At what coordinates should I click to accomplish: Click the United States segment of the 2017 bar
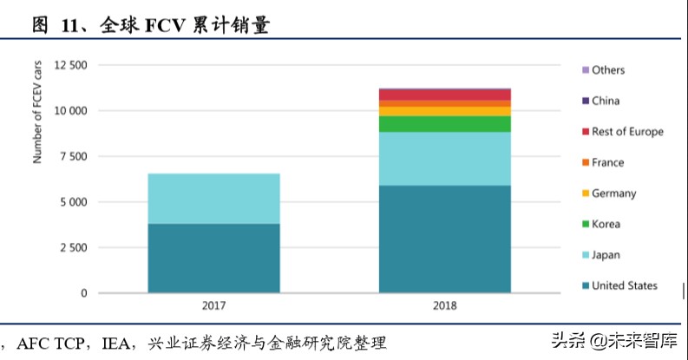point(213,259)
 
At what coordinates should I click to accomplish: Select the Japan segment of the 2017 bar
point(213,199)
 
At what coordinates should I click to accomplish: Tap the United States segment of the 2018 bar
point(444,239)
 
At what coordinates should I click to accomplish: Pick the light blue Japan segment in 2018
point(444,158)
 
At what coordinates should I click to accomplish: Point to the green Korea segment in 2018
point(444,124)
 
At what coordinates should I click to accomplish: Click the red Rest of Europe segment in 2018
point(444,94)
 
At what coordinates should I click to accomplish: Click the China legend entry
point(605,101)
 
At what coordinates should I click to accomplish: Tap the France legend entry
point(607,162)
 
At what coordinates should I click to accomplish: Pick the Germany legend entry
point(613,193)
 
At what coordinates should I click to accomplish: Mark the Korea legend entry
point(606,224)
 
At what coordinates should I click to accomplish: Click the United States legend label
point(624,285)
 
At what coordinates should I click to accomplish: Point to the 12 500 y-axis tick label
point(70,65)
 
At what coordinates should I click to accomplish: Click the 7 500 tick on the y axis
point(73,156)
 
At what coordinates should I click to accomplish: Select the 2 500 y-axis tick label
point(73,248)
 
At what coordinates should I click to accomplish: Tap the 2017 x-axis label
point(213,305)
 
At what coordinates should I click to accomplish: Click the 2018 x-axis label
point(444,305)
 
